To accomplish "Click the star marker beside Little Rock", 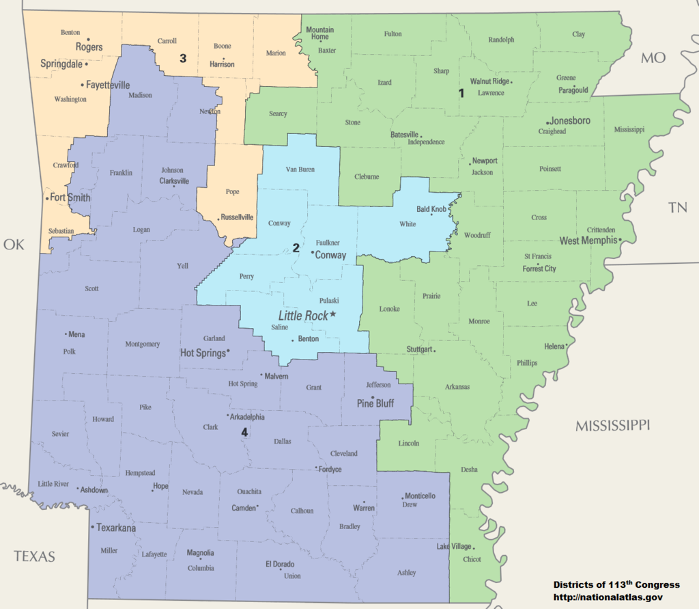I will click(333, 314).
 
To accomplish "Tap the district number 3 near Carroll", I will click(183, 58).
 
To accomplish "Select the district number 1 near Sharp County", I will click(462, 94).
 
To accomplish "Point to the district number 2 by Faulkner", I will click(296, 248).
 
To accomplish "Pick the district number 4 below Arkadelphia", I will click(244, 432).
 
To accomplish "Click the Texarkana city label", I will click(116, 528).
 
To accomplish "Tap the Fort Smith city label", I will click(70, 198).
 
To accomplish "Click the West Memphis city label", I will click(588, 241).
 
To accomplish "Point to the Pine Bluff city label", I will click(375, 404).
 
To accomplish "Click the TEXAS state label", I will click(34, 556).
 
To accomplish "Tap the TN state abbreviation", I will click(677, 208).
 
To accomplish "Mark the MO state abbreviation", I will click(653, 58).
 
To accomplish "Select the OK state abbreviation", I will click(14, 244).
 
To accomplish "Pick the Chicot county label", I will click(472, 559).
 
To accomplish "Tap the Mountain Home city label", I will click(319, 33).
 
